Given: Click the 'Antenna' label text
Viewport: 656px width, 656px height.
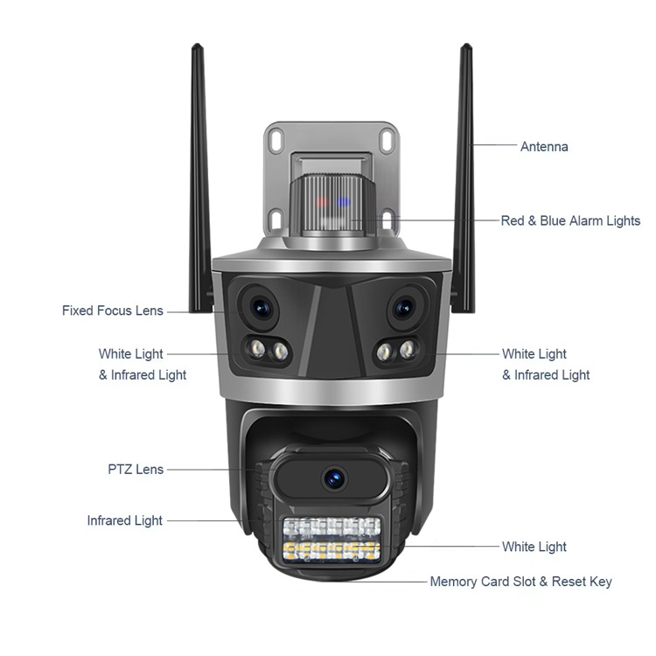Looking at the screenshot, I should [x=544, y=147].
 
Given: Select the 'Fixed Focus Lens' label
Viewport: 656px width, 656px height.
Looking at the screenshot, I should [x=112, y=311].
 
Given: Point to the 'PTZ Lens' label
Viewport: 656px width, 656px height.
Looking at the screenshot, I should [x=136, y=470].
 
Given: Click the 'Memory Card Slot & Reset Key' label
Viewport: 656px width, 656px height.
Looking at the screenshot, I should [x=520, y=582].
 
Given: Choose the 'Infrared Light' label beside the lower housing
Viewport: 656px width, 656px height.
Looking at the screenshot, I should [x=124, y=520].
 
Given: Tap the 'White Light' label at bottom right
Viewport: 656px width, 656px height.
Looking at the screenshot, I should [x=534, y=547].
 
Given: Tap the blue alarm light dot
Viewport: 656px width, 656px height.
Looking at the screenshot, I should [x=344, y=203].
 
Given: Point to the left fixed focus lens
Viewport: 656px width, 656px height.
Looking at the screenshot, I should [x=260, y=306].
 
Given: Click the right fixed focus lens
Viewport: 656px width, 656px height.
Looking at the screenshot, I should [x=403, y=307].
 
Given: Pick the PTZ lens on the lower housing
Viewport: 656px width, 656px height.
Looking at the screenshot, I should [x=332, y=478].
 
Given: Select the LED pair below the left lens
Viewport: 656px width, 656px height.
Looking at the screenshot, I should [x=269, y=351].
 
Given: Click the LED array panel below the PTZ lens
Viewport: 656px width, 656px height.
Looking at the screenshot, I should [x=331, y=539].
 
